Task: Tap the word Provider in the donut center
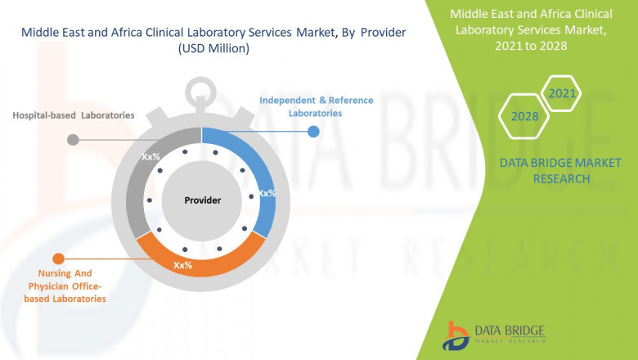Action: coord(202,200)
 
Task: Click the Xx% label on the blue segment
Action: coord(267,194)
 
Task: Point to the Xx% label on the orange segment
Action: coord(182,265)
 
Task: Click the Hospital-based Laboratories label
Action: coord(73,115)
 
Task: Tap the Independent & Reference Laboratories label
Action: coord(316,106)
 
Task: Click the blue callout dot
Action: coord(312,131)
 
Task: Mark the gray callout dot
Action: coord(73,139)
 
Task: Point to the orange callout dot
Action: coord(58,259)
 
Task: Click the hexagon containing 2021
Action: coord(560,93)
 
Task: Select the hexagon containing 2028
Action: coord(524,116)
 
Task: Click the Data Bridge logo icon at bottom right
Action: coord(455,335)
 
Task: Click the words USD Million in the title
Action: coord(213,49)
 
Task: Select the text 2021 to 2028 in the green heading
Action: coord(530,46)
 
